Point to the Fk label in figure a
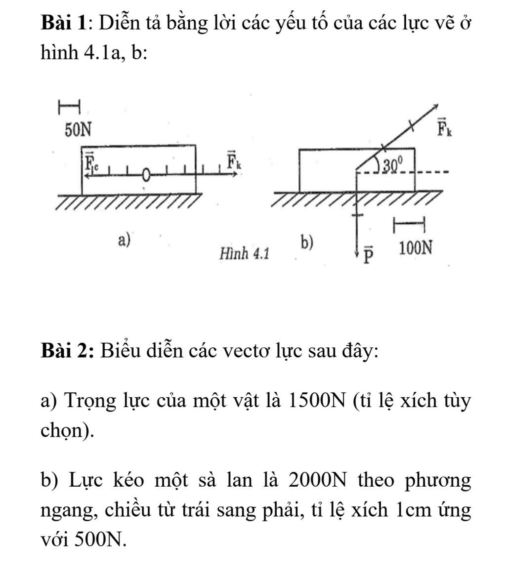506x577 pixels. click(234, 161)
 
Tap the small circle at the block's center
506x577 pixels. click(146, 174)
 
